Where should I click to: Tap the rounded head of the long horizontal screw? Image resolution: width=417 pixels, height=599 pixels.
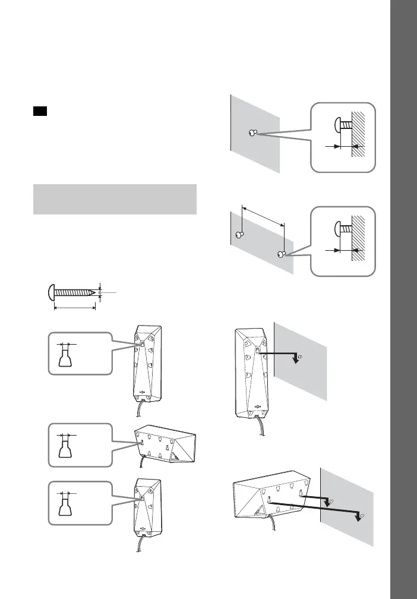tap(50, 292)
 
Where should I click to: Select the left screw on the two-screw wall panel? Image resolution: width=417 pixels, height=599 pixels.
tap(239, 234)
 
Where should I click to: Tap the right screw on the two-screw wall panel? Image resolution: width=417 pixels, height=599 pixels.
tap(282, 254)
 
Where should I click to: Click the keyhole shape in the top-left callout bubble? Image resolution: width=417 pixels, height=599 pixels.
tap(65, 359)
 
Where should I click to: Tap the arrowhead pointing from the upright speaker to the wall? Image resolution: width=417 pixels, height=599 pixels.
tap(292, 359)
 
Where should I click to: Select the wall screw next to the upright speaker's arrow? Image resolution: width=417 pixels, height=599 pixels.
tap(301, 357)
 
